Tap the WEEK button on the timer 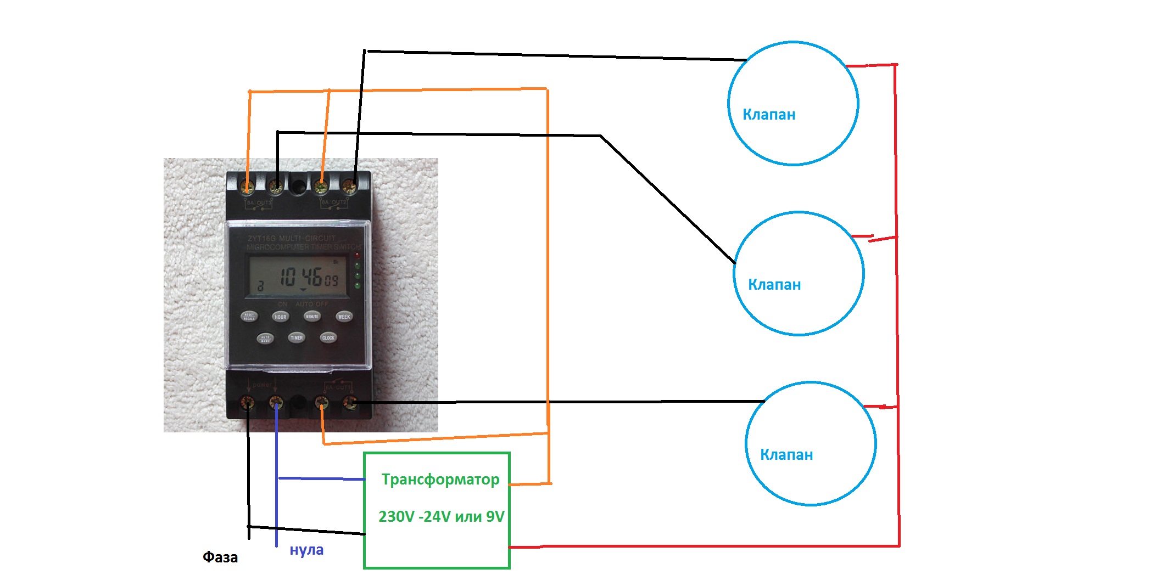(344, 317)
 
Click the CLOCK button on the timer (328, 337)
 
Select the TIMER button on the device (297, 337)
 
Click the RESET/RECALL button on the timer (249, 317)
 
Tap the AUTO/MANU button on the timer (265, 338)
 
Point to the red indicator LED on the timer (358, 256)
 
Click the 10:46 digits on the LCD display (302, 276)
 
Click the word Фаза (220, 557)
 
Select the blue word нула (306, 550)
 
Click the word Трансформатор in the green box (440, 480)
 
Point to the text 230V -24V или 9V (441, 517)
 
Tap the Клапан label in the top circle (769, 115)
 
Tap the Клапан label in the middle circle (774, 285)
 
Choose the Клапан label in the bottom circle (786, 455)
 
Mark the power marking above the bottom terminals (262, 385)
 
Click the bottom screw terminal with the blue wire (276, 404)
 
